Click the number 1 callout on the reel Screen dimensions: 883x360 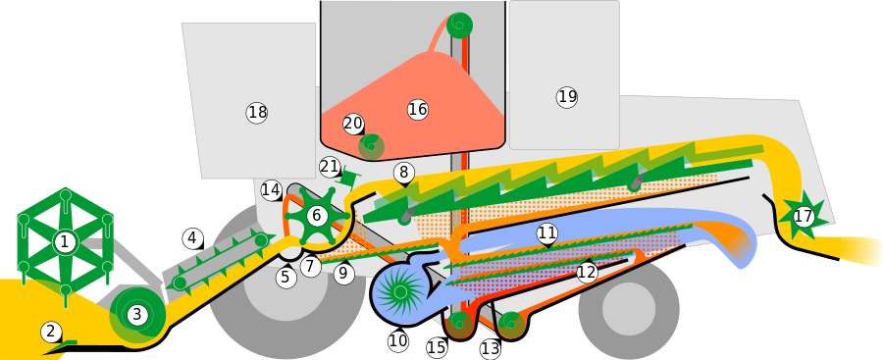(64, 242)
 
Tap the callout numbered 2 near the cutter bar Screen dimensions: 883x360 (51, 333)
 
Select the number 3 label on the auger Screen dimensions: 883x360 (137, 315)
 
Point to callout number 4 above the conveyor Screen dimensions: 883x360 (192, 238)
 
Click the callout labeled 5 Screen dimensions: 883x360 (286, 278)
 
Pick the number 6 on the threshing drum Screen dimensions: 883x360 (316, 215)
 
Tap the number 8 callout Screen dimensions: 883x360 (404, 173)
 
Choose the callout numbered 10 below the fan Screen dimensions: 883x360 (398, 341)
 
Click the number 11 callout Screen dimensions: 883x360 (546, 232)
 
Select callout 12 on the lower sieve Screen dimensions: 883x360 (587, 273)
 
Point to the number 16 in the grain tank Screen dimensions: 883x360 (417, 109)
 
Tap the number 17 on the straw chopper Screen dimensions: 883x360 (804, 216)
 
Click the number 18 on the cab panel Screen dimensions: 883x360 (257, 113)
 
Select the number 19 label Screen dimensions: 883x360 (567, 97)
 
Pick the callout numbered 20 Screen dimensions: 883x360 (353, 124)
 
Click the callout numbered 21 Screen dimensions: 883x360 (330, 167)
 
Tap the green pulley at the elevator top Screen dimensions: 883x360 (459, 25)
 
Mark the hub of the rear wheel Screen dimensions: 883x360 (629, 308)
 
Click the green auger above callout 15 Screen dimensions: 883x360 (459, 323)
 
